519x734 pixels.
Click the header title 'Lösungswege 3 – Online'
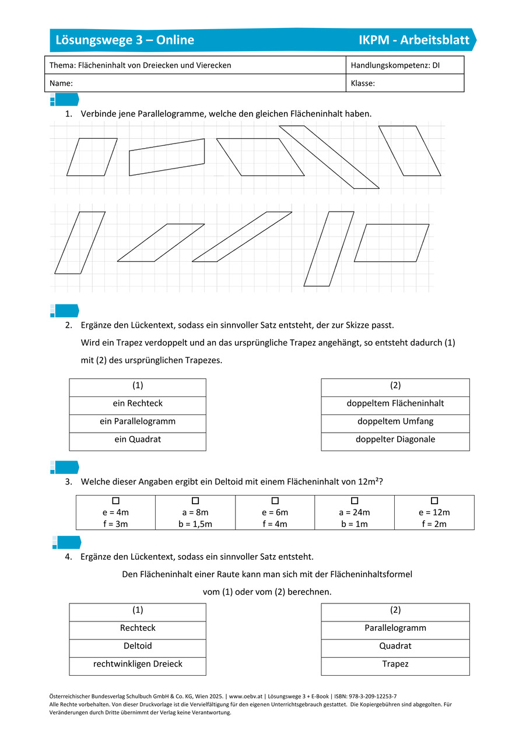tap(125, 40)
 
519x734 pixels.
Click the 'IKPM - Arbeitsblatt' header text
tap(414, 40)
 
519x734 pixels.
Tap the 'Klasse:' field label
tap(363, 83)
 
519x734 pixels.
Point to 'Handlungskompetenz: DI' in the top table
tap(395, 65)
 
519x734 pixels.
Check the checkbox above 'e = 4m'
tap(115, 501)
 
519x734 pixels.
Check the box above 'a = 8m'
tap(195, 501)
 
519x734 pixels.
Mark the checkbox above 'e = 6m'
tap(275, 501)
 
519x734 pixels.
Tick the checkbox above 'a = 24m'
tap(355, 501)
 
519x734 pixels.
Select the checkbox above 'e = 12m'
tap(434, 501)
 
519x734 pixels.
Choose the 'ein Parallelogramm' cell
tap(138, 422)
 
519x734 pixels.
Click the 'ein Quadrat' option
tap(138, 440)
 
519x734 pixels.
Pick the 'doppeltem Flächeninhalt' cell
tap(395, 403)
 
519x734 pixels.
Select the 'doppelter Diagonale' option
tap(395, 440)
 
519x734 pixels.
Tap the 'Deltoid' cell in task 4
tap(138, 646)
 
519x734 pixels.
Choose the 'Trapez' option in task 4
tap(395, 664)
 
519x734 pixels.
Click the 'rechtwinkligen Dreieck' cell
tap(138, 664)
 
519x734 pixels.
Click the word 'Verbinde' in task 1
tap(97, 114)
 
